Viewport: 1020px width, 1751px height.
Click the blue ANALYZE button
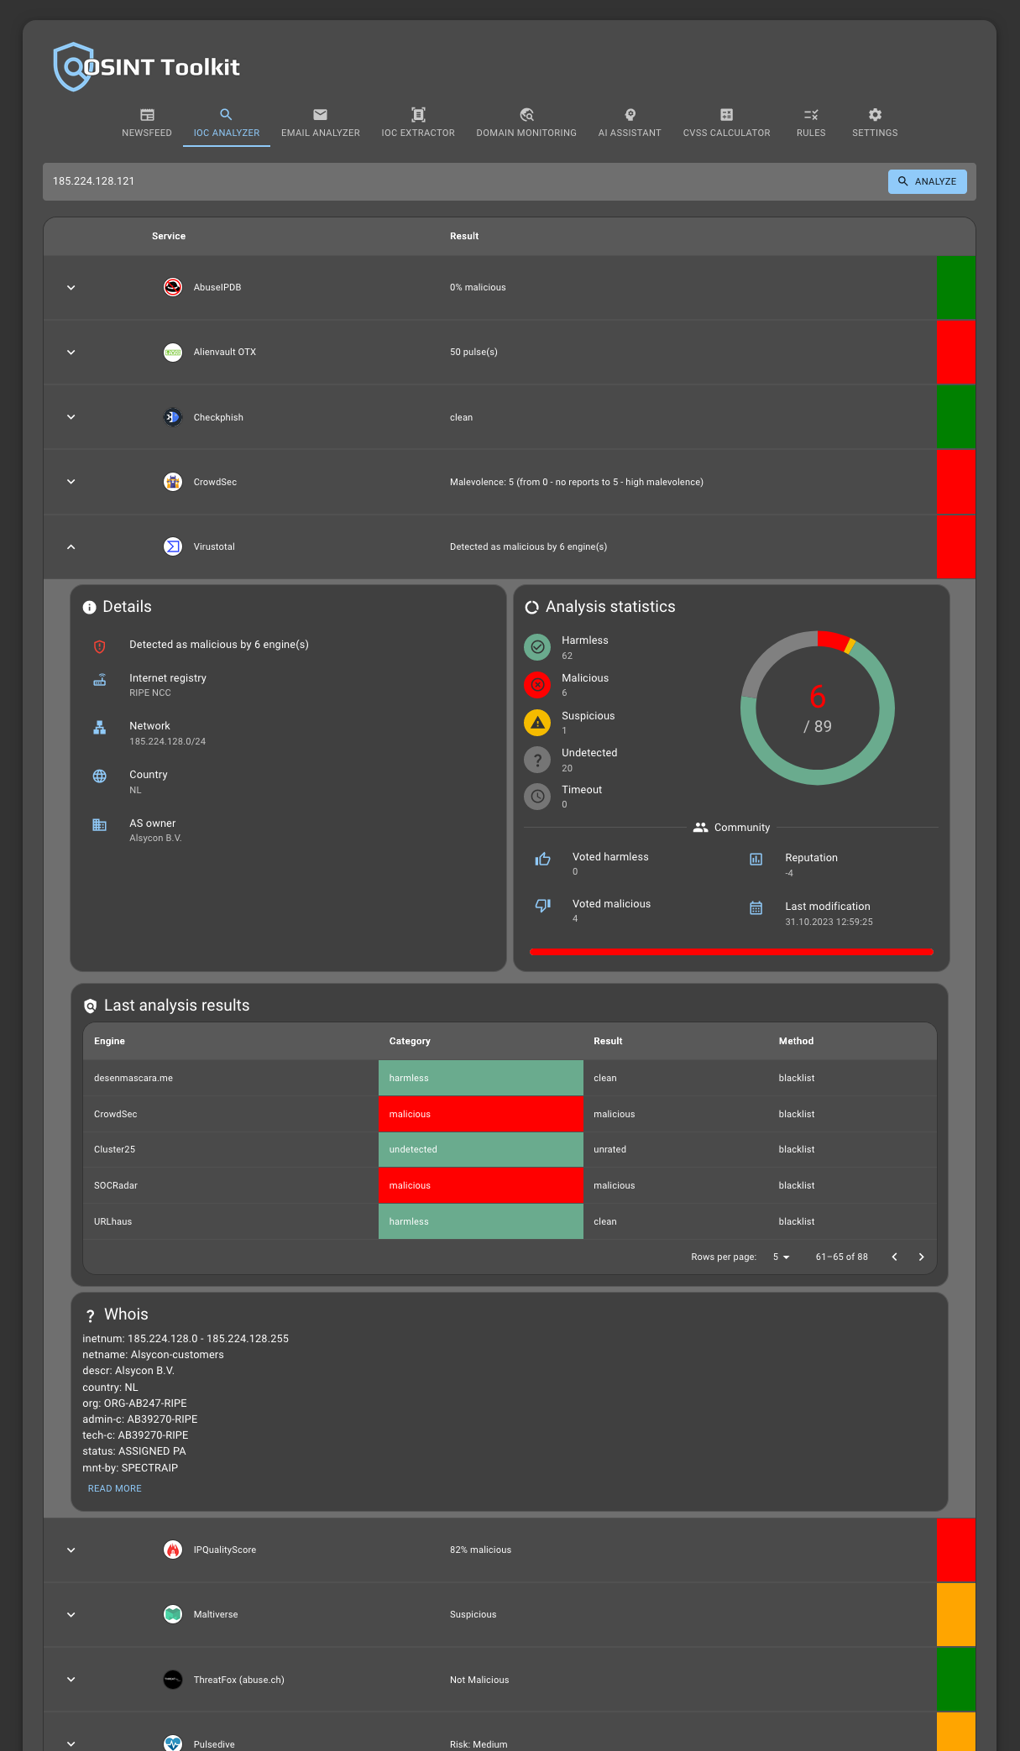(x=927, y=181)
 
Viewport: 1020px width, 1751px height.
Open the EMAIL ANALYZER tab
(x=320, y=123)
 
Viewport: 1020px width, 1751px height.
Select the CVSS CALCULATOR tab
(x=726, y=123)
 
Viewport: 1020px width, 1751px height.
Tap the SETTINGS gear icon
(x=875, y=115)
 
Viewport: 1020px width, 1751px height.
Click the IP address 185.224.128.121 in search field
(x=94, y=181)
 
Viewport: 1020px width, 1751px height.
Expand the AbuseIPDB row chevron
(x=71, y=288)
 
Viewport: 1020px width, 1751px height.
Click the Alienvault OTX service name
(x=224, y=353)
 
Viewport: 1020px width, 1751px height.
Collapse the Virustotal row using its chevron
(x=71, y=547)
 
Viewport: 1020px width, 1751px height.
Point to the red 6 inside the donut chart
(x=817, y=697)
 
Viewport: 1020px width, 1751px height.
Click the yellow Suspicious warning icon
(x=537, y=723)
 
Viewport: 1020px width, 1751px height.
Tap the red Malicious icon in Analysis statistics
(x=537, y=685)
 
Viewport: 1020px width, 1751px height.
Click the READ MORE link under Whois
(x=115, y=1488)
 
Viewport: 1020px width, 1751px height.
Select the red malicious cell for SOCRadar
(x=480, y=1185)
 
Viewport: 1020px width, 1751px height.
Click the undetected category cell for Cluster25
(x=480, y=1149)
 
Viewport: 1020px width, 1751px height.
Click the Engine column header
(x=109, y=1041)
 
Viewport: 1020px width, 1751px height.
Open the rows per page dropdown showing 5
(x=781, y=1257)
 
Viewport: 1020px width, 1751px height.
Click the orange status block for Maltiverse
(x=955, y=1614)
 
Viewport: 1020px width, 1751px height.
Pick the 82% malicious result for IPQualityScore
(x=480, y=1550)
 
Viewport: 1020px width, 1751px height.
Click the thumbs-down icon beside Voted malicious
(x=543, y=905)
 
